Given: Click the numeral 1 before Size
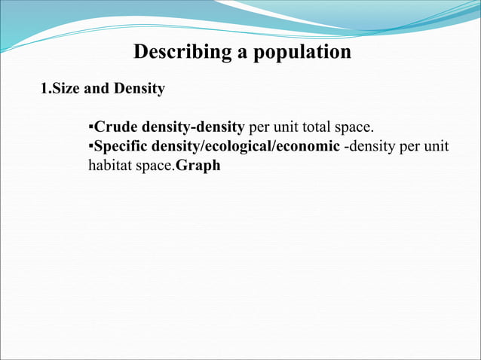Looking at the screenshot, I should tap(43, 89).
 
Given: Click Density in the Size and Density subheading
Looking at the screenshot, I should tap(138, 89).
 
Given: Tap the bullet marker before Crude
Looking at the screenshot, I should tap(90, 126).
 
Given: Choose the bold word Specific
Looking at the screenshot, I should tap(121, 146).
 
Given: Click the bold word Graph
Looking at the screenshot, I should tap(198, 166).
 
